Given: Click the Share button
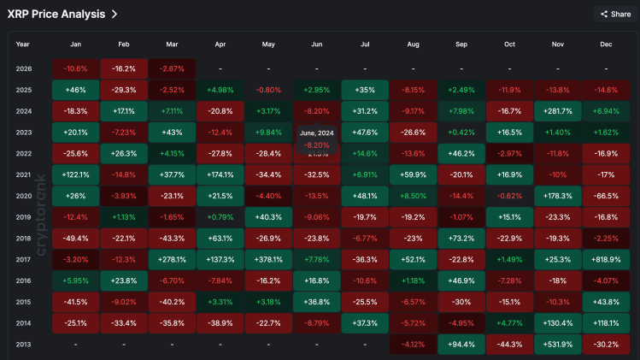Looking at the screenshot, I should [615, 14].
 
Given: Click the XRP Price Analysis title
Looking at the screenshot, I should [56, 14].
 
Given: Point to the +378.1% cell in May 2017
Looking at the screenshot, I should [268, 258].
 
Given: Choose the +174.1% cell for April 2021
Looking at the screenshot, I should [220, 174].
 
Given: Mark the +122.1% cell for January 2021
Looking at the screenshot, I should [75, 174].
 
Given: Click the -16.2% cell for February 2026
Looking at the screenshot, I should [124, 68].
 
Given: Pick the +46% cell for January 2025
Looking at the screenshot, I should [75, 89].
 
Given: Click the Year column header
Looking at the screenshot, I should [23, 44].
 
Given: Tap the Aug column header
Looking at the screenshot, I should [414, 44].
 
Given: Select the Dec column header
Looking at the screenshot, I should [606, 44].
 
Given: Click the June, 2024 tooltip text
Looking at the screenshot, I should [317, 133].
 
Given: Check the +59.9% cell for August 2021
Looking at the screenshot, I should [413, 174].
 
